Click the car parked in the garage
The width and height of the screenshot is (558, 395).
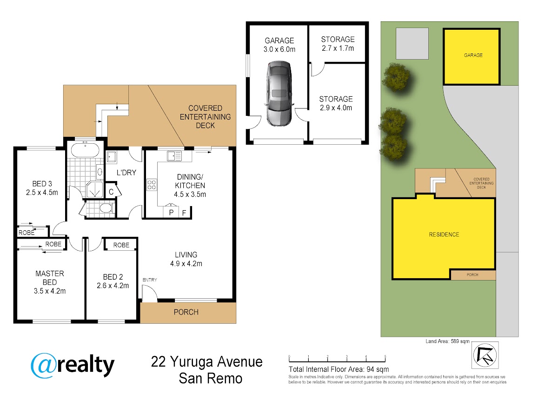(x=279, y=94)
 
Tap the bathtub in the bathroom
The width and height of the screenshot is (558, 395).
(x=85, y=150)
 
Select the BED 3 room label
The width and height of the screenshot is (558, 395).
(x=42, y=184)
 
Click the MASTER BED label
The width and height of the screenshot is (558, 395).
(x=50, y=278)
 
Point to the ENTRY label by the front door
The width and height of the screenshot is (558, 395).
(x=150, y=280)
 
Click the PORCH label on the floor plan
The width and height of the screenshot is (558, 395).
(x=186, y=312)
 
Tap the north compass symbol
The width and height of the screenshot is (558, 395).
(x=485, y=355)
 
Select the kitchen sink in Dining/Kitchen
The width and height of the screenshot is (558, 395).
(x=174, y=156)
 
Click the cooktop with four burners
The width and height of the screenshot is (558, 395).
(x=152, y=185)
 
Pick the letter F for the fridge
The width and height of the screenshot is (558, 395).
(x=184, y=213)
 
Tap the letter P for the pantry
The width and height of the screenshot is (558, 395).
(x=171, y=213)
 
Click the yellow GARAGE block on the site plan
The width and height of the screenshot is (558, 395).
(x=472, y=57)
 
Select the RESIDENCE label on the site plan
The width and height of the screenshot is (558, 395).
(x=444, y=234)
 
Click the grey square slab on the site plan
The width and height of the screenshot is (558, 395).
(x=412, y=43)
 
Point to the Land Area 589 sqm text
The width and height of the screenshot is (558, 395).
(x=447, y=341)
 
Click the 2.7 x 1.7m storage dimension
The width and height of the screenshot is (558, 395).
(x=338, y=48)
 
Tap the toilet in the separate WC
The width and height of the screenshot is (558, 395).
(x=106, y=208)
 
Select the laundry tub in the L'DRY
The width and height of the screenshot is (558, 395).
(x=111, y=157)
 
